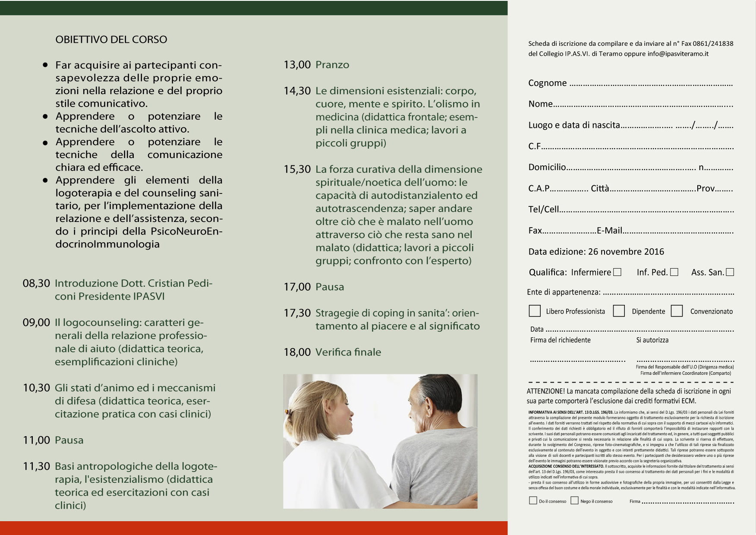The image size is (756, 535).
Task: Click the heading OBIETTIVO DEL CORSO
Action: point(111,39)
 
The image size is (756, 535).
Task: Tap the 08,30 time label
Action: point(36,283)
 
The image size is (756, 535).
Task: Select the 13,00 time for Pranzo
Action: point(297,65)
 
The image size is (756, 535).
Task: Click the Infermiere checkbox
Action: point(617,272)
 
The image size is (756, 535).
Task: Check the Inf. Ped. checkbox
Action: point(674,272)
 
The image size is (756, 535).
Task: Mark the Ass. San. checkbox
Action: point(730,272)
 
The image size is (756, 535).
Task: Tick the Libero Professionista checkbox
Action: point(535,311)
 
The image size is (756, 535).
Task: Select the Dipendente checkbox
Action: point(619,311)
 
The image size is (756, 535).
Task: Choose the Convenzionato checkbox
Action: point(677,311)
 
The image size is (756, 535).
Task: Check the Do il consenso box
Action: point(533,500)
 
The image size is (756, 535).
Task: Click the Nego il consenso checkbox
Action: point(574,500)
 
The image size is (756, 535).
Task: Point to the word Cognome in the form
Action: point(547,83)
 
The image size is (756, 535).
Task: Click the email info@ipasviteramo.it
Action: point(678,54)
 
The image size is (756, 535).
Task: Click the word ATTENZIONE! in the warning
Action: point(545,391)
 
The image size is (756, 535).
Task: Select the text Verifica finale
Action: point(348,352)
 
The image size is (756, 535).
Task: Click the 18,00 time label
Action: point(297,352)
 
